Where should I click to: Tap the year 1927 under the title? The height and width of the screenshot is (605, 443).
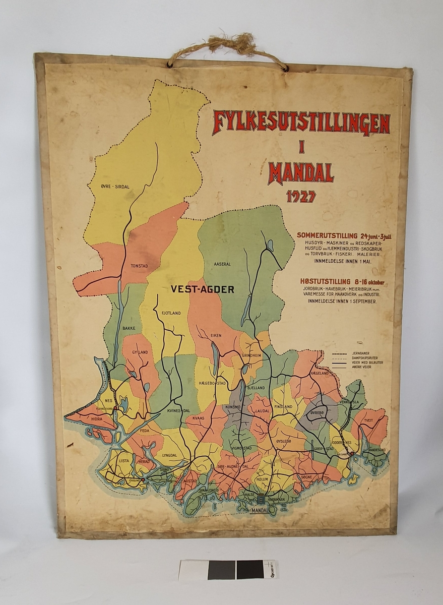tap(301, 196)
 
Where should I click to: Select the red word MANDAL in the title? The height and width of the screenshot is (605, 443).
tap(301, 172)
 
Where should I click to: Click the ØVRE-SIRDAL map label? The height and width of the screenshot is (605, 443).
tap(115, 187)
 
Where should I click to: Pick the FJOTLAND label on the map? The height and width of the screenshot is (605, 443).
tap(170, 313)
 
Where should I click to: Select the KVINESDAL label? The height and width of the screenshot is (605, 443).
tap(178, 411)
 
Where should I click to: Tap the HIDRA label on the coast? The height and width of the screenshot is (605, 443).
tap(96, 418)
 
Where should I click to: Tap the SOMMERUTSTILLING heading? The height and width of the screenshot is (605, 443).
tap(327, 235)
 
